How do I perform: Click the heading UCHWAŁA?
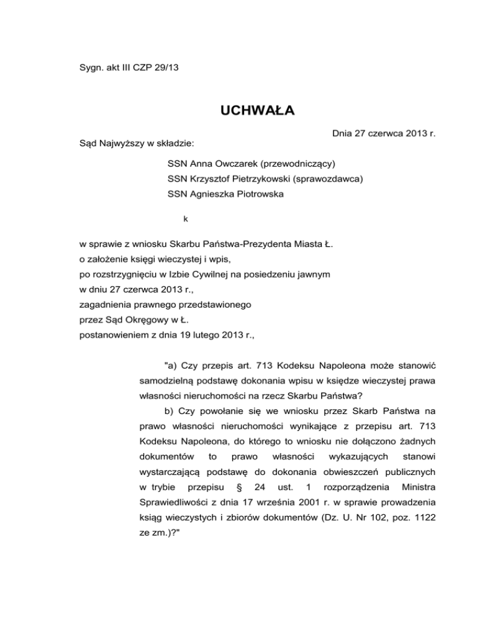tap(238, 111)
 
